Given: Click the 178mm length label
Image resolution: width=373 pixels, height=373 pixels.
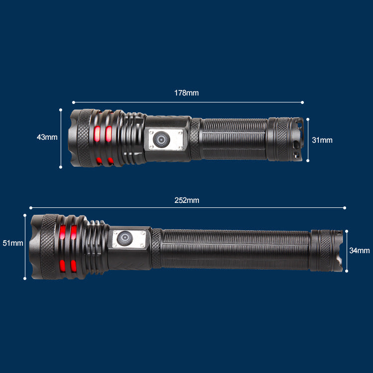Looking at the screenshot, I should coord(186,93).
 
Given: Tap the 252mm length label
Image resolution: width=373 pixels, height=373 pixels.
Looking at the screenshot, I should coord(186,200).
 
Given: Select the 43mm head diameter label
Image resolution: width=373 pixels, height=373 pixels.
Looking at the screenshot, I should coord(47,137).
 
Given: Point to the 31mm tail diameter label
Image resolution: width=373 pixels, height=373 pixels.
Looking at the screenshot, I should coord(322,140).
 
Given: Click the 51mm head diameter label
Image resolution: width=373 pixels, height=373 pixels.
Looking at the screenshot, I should coord(13,243).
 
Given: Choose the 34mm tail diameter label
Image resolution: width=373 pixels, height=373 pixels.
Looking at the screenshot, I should coord(360,251).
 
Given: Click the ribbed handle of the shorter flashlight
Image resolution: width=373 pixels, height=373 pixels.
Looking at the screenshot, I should coord(234,139).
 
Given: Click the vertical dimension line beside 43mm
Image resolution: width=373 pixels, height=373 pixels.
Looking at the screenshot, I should coord(61,138).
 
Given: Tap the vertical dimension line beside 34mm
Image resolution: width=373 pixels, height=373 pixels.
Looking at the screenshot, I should coord(347,251).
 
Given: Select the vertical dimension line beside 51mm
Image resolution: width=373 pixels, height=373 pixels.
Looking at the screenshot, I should coord(25,247).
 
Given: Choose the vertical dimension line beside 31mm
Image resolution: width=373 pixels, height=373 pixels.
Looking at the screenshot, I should coord(308,140).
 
